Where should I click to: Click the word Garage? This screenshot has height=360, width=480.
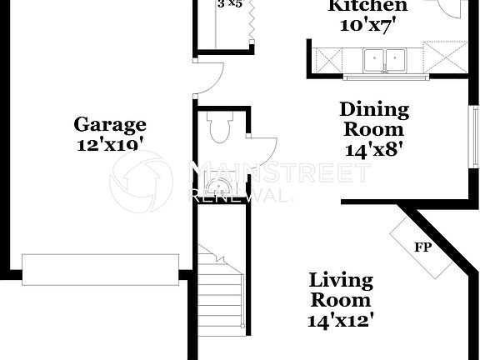click(110, 125)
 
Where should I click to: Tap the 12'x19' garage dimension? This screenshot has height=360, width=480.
click(110, 143)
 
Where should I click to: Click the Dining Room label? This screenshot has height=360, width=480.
click(374, 119)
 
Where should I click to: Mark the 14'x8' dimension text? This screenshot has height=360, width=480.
click(374, 150)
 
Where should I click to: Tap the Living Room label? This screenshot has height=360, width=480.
click(341, 289)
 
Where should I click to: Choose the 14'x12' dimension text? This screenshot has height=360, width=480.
click(341, 317)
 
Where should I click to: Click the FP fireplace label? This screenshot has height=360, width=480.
click(422, 247)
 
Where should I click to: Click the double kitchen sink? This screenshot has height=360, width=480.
click(384, 60)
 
